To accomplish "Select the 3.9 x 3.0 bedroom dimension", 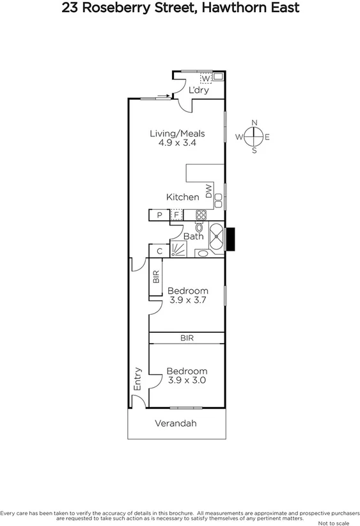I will [187, 380].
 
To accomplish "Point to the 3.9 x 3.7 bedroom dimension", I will [187, 300].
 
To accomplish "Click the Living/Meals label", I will [177, 133].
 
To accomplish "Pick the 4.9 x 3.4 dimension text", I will [177, 143].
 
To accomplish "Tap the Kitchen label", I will [183, 197].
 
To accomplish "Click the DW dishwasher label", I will [209, 190].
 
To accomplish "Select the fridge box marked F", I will [176, 215].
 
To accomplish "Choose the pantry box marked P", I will [159, 215].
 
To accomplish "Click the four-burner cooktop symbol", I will [201, 215].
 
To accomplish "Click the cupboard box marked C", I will [159, 251].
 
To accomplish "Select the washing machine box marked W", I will [205, 78].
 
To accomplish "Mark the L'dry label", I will [199, 90].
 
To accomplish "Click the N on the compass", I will [254, 123].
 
